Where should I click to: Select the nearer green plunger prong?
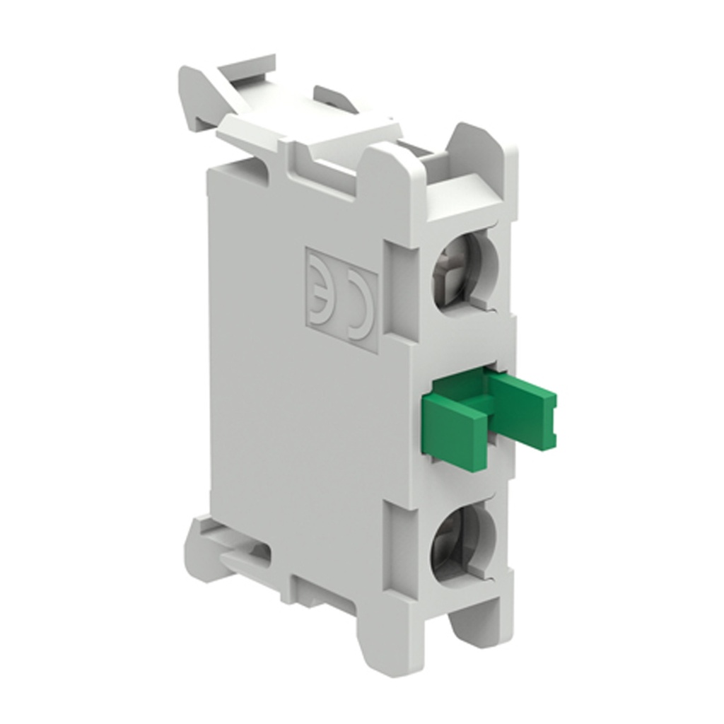[x=455, y=425]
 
